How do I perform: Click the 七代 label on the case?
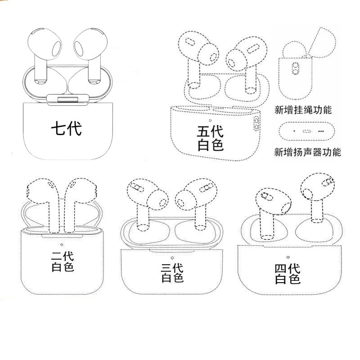[66, 129]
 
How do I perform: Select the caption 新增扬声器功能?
[307, 152]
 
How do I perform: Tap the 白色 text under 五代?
[210, 145]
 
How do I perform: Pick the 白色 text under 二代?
[63, 267]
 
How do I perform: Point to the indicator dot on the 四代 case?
[288, 256]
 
